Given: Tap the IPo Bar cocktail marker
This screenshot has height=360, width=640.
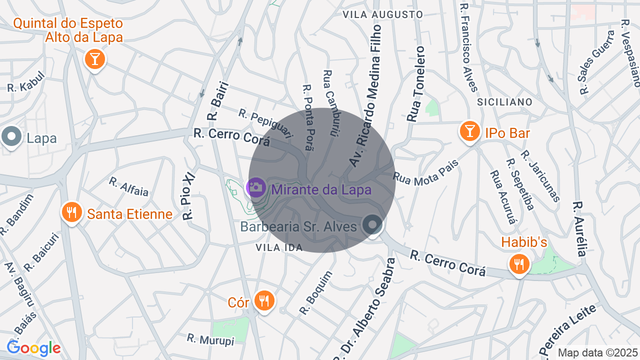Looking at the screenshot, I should click(x=469, y=131).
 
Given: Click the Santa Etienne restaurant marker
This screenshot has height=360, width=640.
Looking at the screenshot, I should click(x=72, y=212).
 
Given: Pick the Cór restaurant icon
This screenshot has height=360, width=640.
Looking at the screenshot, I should click(x=263, y=301).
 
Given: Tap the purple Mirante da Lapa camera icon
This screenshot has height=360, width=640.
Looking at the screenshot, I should click(x=256, y=187).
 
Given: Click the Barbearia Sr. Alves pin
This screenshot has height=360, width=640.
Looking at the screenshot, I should click(x=372, y=224).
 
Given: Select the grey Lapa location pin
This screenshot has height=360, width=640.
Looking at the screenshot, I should click(x=11, y=136).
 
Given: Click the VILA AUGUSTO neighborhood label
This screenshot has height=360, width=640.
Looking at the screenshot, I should click(x=382, y=14).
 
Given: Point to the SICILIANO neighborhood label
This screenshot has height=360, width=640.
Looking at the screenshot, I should click(x=504, y=102).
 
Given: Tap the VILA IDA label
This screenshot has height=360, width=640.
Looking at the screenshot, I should click(x=279, y=247).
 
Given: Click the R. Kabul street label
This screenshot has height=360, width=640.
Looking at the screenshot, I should click(x=26, y=82).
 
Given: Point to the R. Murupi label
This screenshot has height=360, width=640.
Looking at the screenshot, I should click(x=210, y=339).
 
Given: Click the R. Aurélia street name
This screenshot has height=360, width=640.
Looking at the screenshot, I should click(x=579, y=229).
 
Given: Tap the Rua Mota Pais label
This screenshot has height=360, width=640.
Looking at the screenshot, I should click(x=418, y=172).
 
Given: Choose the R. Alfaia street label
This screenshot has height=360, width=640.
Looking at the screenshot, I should click(x=128, y=186).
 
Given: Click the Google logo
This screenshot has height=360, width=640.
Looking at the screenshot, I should click(x=33, y=348).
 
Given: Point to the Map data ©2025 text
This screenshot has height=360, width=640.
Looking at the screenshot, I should click(x=597, y=352).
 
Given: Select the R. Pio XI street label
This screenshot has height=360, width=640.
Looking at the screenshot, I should click(x=188, y=195).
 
